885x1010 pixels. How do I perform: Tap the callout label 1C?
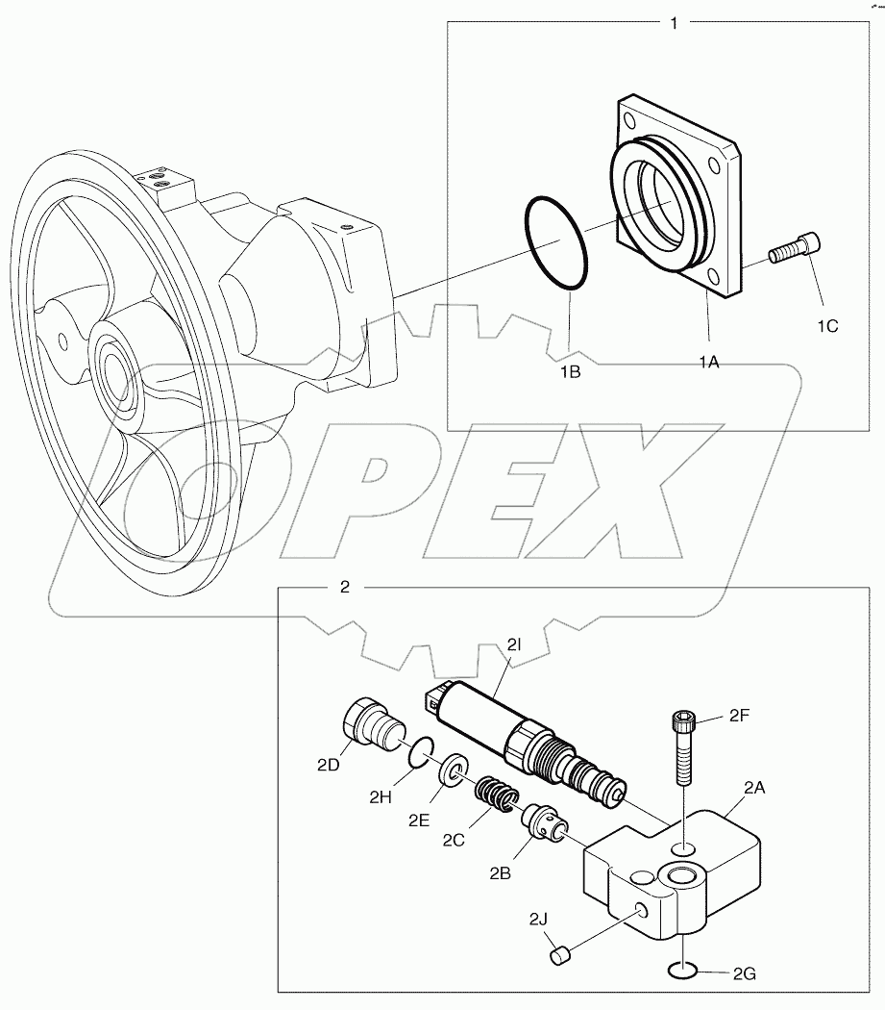(x=827, y=326)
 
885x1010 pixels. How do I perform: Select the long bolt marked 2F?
(x=682, y=746)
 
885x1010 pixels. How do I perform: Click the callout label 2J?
(x=539, y=919)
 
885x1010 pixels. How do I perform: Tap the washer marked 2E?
(x=451, y=770)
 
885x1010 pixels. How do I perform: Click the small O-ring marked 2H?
(x=418, y=753)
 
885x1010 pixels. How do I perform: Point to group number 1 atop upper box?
(x=674, y=23)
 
